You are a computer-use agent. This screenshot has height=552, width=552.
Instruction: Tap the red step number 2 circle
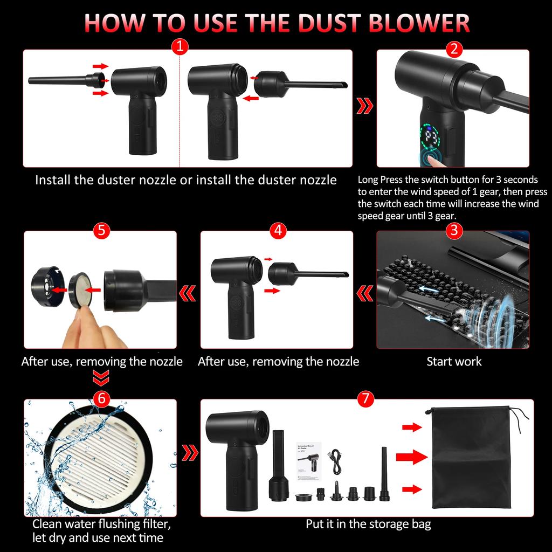[454, 49]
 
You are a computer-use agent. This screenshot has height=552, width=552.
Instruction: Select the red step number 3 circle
[454, 231]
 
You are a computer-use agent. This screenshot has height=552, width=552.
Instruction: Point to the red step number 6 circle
[102, 398]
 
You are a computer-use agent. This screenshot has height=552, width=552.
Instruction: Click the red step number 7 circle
[365, 399]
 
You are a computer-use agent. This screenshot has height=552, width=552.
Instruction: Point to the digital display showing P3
[432, 137]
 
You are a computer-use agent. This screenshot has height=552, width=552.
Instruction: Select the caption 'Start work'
[454, 361]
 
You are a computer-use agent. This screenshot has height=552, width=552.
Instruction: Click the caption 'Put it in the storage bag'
[368, 524]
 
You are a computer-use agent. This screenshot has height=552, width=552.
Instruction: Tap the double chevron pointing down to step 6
[102, 377]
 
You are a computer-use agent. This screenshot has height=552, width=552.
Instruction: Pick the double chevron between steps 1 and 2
[365, 105]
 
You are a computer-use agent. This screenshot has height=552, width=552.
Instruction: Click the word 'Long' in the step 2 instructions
[369, 180]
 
